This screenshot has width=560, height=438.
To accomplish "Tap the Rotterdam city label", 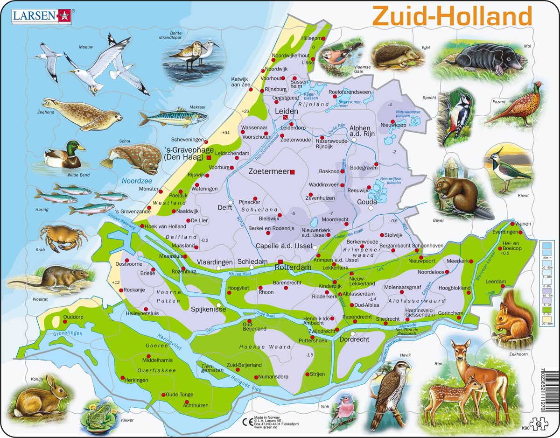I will point(293,268).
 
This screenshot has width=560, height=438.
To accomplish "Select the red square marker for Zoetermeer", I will point(293,172).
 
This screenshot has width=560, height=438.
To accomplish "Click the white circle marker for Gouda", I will point(371,209).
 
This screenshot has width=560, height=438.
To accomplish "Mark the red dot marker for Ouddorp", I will point(64,321).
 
